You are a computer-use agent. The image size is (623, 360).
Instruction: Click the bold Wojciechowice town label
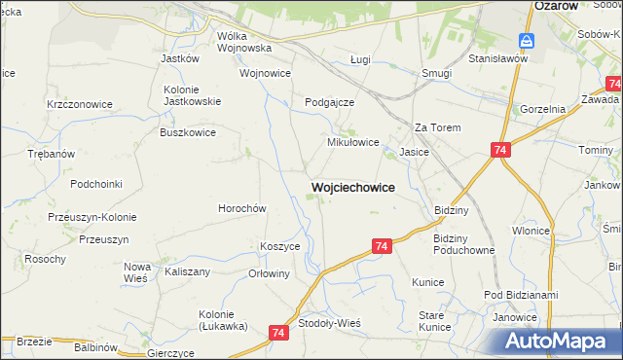(x=353, y=186)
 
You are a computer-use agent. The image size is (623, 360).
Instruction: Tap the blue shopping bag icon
(x=526, y=41)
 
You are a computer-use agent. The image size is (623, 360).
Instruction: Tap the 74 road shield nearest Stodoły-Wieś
(x=279, y=333)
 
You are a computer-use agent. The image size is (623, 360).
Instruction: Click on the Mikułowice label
(x=351, y=141)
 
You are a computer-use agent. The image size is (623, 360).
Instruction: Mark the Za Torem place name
(x=437, y=127)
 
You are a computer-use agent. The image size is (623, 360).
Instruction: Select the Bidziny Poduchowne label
(x=464, y=244)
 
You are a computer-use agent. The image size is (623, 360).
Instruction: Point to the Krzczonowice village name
(x=80, y=104)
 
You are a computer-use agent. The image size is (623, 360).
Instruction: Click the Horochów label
(x=241, y=208)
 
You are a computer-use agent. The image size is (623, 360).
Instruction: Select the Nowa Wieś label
(x=137, y=271)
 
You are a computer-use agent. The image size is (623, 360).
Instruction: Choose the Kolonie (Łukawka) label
(x=225, y=319)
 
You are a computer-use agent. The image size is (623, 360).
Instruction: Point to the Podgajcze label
(x=329, y=102)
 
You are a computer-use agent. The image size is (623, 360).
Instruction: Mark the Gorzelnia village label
(x=543, y=109)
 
